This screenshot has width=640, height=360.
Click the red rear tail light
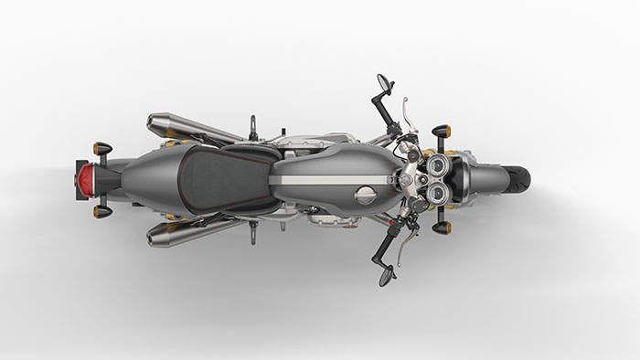coord(83,179)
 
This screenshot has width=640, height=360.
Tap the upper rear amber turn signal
coord(101,148)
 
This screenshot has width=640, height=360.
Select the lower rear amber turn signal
coord(101,211)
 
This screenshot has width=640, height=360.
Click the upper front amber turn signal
coord(441,130)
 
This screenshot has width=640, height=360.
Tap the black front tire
coord(519,179)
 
